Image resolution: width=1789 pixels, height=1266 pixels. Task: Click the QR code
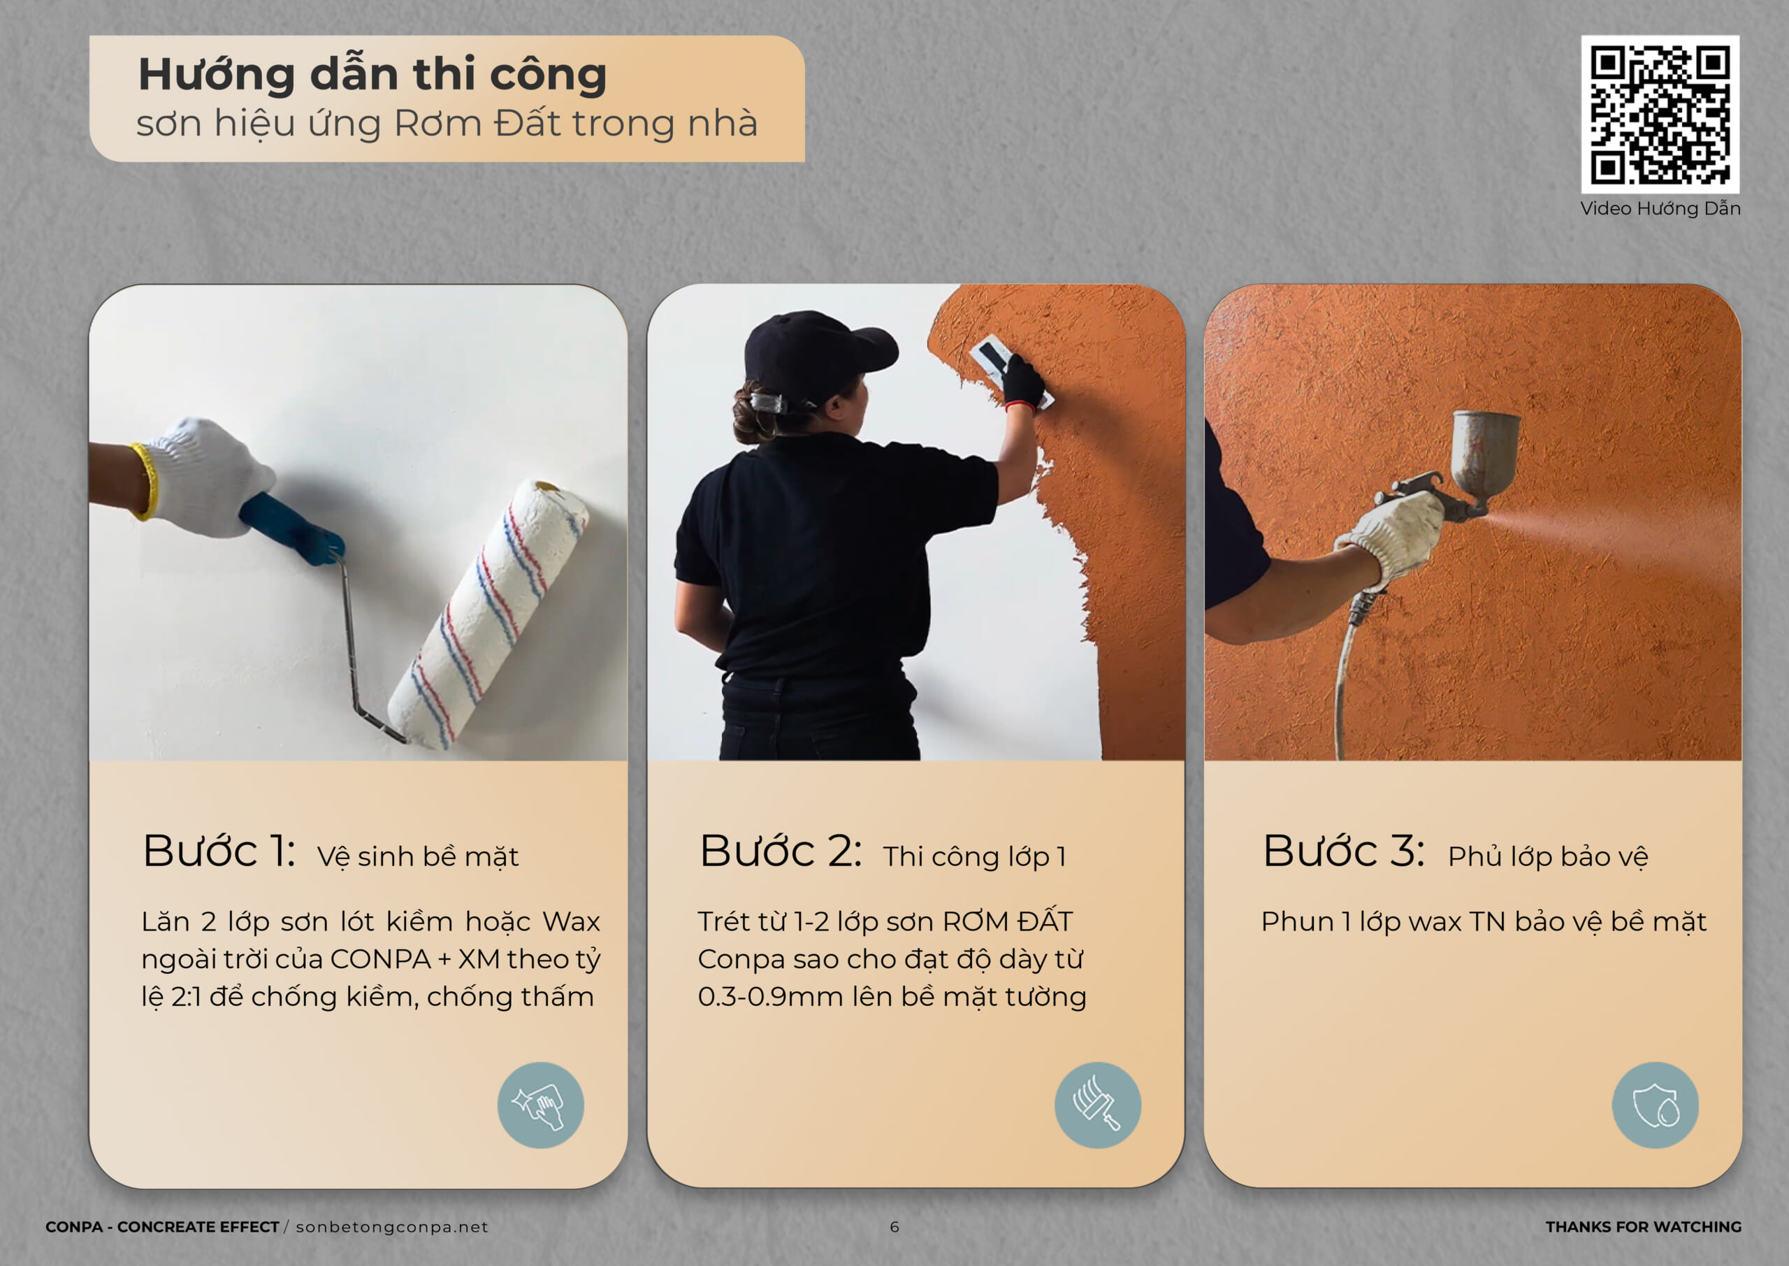coord(1660,114)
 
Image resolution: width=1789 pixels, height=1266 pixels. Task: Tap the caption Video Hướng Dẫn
coord(1660,209)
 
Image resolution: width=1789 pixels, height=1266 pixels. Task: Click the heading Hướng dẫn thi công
coord(372,75)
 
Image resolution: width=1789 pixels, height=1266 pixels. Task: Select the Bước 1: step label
coord(219,851)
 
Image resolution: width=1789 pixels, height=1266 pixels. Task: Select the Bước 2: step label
coord(781,851)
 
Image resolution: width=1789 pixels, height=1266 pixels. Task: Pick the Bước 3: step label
coord(1344,851)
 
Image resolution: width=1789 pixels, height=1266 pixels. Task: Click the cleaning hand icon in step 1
coord(541,1105)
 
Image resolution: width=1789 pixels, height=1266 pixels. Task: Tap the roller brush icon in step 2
coord(1098,1105)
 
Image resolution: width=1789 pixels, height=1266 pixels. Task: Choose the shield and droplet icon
coord(1655,1105)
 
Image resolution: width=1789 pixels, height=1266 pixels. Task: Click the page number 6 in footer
coord(894,1227)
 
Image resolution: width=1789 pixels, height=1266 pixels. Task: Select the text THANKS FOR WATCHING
coord(1643,1227)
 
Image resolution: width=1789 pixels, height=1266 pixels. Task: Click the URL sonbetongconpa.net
coord(392,1227)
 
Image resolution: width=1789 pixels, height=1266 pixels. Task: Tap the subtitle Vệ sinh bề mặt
coord(418,856)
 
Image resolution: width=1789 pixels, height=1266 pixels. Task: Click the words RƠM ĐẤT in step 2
coord(1008,921)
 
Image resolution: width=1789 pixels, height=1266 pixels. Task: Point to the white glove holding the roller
coord(204,477)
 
